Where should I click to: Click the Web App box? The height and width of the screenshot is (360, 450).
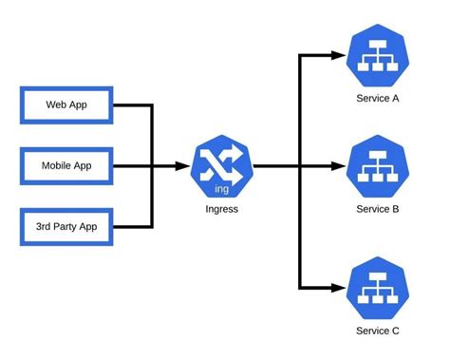click(66, 104)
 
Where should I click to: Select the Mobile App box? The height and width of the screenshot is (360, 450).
click(66, 166)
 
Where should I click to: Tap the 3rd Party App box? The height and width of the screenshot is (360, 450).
click(66, 227)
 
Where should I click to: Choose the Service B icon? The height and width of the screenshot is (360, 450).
click(377, 166)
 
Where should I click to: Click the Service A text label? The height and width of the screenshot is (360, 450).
click(378, 98)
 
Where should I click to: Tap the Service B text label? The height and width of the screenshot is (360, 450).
click(378, 209)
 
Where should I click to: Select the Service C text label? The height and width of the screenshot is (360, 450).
click(378, 331)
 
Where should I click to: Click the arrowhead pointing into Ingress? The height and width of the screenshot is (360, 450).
click(183, 166)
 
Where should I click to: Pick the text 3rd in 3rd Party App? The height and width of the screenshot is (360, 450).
click(45, 227)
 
